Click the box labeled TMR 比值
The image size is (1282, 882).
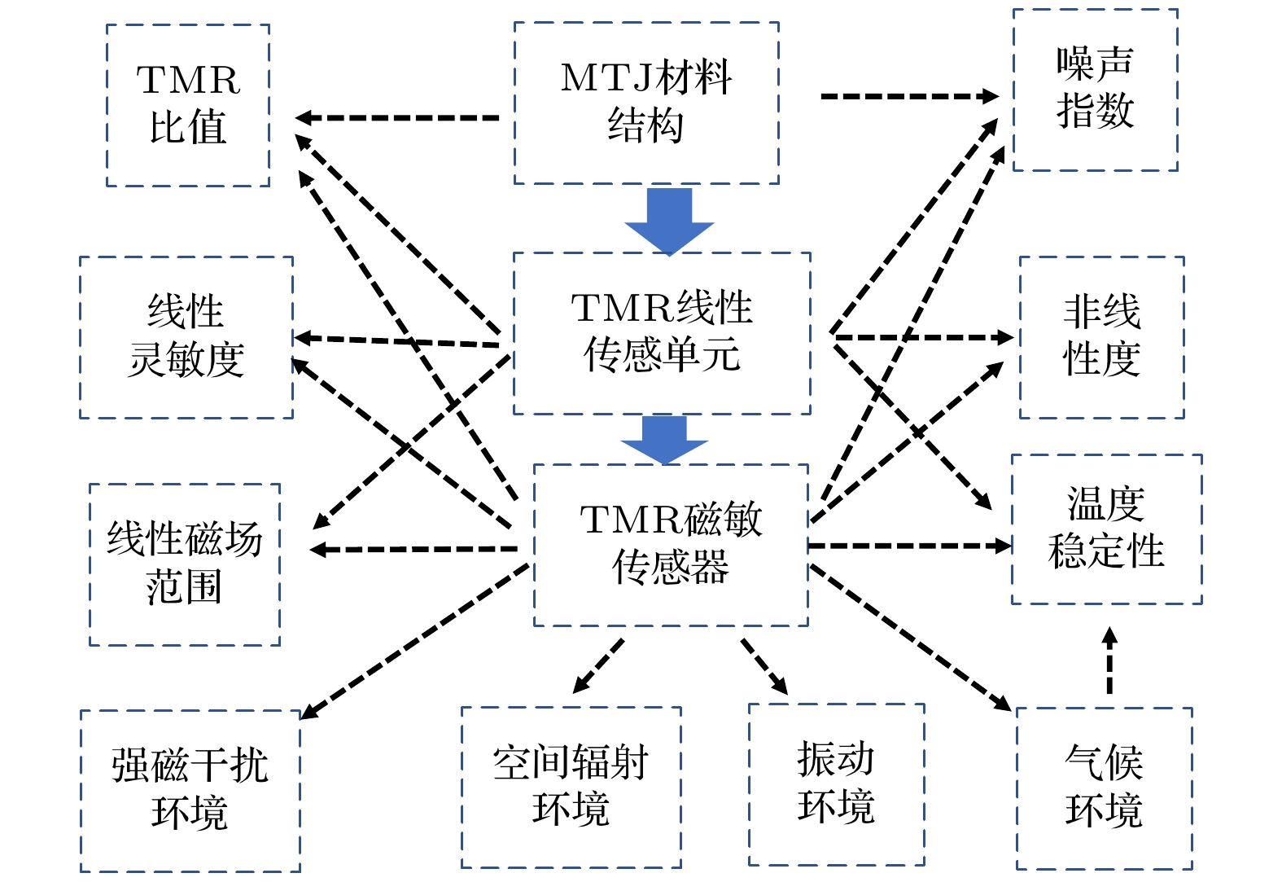click(x=188, y=105)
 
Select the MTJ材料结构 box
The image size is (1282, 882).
click(x=646, y=103)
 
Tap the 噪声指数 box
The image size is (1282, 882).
click(x=1095, y=90)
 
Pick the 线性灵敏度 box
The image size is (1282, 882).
click(x=186, y=337)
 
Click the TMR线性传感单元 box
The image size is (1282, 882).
click(x=662, y=333)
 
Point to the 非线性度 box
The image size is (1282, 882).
click(x=1101, y=337)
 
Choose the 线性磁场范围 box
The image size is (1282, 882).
click(x=185, y=564)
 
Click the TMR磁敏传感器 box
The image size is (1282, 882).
click(x=671, y=545)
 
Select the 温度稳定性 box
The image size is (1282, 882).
click(x=1106, y=529)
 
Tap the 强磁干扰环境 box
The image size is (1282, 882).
click(x=190, y=791)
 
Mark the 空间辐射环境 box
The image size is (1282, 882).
click(x=571, y=787)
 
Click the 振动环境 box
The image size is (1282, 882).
click(x=836, y=784)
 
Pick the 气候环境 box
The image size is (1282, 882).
click(x=1104, y=788)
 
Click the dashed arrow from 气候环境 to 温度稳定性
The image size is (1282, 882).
click(x=1109, y=660)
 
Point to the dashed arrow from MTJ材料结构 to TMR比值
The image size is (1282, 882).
click(x=397, y=118)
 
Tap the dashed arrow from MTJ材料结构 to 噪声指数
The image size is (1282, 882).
click(x=908, y=96)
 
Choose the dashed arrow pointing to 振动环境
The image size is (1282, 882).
click(x=764, y=666)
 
